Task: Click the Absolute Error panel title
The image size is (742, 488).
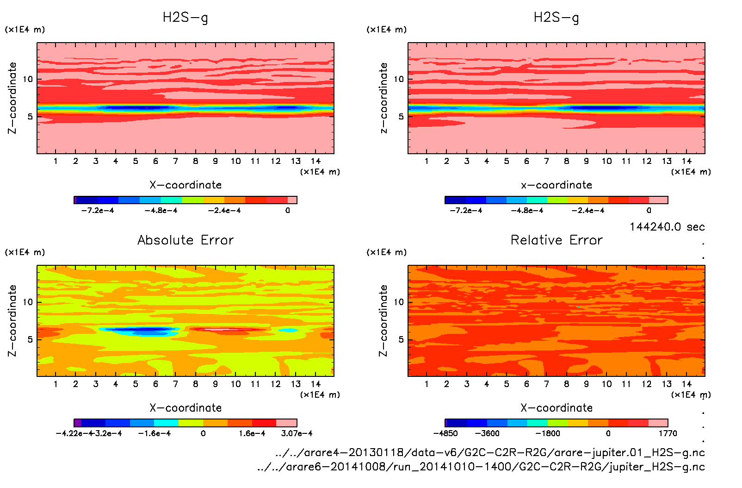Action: click(185, 240)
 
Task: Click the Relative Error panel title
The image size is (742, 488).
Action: click(556, 240)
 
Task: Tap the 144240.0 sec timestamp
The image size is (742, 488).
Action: click(667, 227)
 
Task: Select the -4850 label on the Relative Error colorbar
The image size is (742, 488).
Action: click(445, 433)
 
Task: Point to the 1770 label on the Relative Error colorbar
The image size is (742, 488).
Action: click(668, 433)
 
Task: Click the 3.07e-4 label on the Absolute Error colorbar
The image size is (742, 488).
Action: click(297, 433)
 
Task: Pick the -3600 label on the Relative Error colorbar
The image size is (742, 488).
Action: click(487, 433)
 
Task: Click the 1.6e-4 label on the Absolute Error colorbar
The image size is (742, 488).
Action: click(252, 433)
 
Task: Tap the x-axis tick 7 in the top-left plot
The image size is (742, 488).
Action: click(175, 161)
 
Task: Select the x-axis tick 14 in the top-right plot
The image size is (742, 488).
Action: click(686, 161)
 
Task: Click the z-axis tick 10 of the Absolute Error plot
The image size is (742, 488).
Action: click(28, 302)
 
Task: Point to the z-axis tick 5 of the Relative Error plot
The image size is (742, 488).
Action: click(401, 339)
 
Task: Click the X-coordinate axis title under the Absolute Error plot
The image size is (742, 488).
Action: click(185, 408)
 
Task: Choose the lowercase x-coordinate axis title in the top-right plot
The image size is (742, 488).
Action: click(556, 185)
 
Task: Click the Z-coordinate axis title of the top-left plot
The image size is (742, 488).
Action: click(12, 98)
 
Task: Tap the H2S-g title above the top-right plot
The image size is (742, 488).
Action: click(556, 18)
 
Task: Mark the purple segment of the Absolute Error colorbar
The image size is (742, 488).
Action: click(78, 423)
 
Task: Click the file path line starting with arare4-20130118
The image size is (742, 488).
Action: click(490, 452)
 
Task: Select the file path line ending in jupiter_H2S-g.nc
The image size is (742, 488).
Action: click(481, 467)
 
